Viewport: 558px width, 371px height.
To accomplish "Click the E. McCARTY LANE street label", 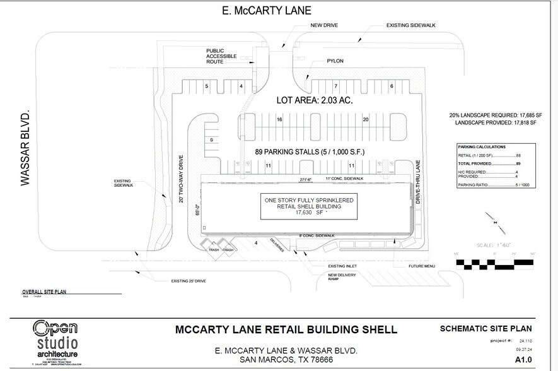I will [267, 11].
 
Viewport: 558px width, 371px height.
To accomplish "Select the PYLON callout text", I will [335, 62].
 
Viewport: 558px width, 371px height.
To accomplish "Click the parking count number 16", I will [279, 119].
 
